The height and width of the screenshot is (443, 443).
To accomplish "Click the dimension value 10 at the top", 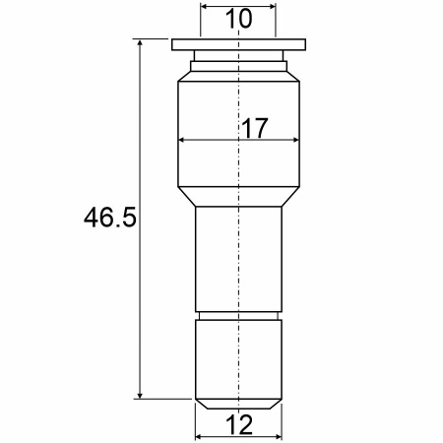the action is (x=239, y=19).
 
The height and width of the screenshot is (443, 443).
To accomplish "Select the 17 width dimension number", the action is (x=255, y=128).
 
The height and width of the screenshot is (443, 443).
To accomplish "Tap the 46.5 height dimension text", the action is (x=109, y=218).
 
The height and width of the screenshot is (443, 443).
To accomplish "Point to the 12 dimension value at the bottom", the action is (x=239, y=424).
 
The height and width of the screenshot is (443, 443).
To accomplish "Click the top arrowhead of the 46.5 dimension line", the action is (x=140, y=43).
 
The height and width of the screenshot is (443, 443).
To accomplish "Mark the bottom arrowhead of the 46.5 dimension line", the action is (x=140, y=395).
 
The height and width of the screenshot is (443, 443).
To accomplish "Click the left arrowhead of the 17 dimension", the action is (x=181, y=140).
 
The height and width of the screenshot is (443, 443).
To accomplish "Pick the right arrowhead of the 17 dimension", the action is (x=295, y=140).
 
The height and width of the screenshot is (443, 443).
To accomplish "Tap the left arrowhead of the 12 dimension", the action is (x=199, y=437).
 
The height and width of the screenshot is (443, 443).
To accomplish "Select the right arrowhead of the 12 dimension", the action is (x=279, y=437).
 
